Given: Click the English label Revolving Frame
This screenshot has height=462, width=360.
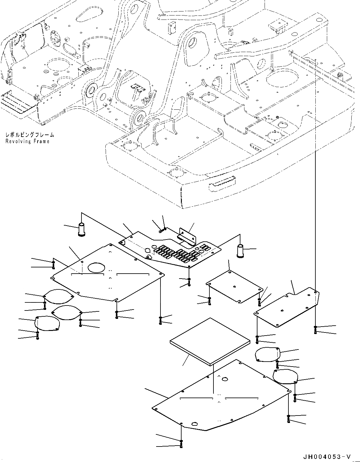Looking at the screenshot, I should tap(27, 141).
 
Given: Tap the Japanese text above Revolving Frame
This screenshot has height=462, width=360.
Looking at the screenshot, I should tap(30, 135).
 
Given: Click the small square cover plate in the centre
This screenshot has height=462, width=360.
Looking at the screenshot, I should tap(235, 286).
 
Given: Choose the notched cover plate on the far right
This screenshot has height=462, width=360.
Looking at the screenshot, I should tap(288, 306).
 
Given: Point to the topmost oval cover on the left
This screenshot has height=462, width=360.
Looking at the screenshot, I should tap(59, 296).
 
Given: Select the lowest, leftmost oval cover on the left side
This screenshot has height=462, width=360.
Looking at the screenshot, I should tap(47, 323).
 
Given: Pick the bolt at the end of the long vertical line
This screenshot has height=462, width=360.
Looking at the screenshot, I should tap(315, 329).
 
